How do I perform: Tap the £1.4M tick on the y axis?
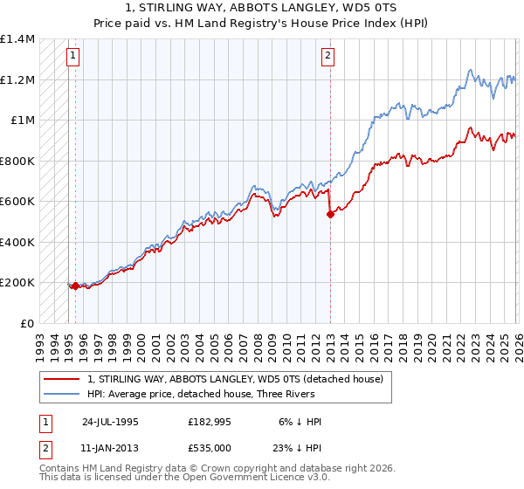[x=17, y=39]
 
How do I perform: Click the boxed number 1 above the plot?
[x=72, y=57]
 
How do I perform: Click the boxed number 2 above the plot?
[x=327, y=57]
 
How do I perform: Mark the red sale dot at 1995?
[x=75, y=286]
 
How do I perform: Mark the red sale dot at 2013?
[x=330, y=214]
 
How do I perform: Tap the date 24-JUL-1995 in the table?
[x=110, y=420]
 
